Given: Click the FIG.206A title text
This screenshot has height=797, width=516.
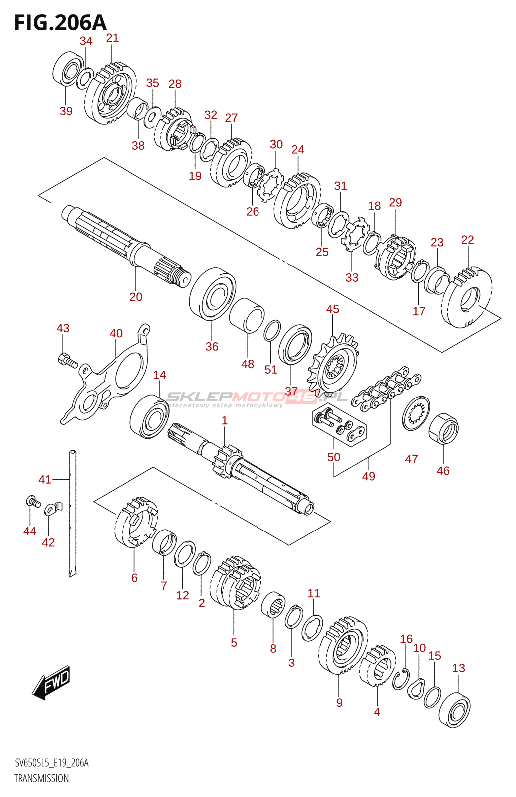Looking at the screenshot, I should coord(60,23).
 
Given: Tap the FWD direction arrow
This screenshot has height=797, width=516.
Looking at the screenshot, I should coord(52,683).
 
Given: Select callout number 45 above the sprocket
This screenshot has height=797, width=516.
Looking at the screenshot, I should coord(332,309).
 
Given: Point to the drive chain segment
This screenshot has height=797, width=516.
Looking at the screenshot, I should coord(386,389).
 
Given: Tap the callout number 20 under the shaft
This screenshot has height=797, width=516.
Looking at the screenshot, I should coord(136,297).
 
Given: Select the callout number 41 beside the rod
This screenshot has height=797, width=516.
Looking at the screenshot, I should coord(45,479).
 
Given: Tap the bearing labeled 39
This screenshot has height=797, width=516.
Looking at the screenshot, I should coord(68,70).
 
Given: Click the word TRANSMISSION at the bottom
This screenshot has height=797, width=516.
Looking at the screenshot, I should coord(42,778).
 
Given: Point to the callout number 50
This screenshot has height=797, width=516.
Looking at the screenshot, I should coord(334,457).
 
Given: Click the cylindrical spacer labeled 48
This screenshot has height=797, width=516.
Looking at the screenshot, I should coord(247,315).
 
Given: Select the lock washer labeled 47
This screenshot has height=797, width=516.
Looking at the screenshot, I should coord(416,413).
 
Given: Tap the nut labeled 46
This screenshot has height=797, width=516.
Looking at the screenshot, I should coord(443,428).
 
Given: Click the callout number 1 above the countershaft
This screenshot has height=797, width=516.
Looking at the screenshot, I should coord(225,420).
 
